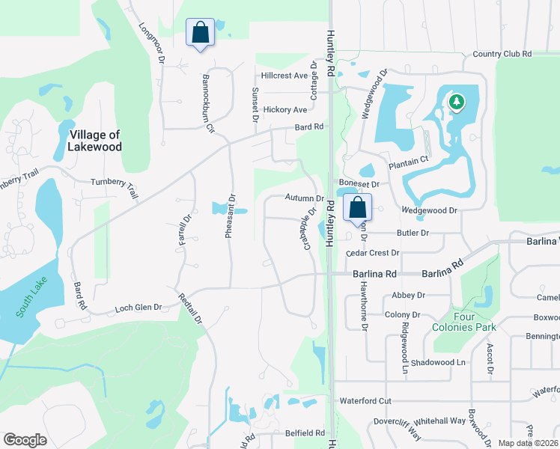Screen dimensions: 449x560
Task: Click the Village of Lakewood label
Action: (x=94, y=141)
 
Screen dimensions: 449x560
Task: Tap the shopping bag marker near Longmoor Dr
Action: (x=200, y=34)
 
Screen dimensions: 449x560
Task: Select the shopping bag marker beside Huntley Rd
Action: (x=358, y=207)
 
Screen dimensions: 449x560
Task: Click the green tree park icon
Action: (x=455, y=101)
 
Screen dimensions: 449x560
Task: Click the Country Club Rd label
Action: (x=502, y=54)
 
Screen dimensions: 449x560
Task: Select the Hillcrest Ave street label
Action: (x=284, y=76)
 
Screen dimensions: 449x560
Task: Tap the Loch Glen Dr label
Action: (x=139, y=308)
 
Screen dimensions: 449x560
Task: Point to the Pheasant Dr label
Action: (x=231, y=217)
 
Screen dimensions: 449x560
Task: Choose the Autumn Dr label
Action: (x=304, y=198)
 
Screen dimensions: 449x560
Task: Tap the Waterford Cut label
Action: (x=365, y=401)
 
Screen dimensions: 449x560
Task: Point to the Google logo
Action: (x=25, y=440)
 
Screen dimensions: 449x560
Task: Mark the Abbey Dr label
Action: (x=408, y=296)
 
